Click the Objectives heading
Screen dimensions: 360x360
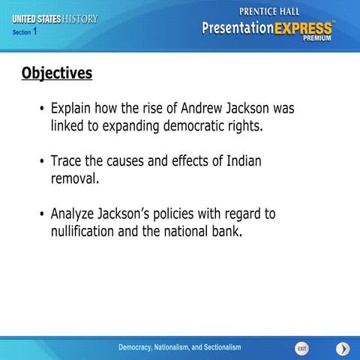click(57, 73)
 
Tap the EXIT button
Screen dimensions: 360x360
click(301, 349)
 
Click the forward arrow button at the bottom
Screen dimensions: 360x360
click(342, 349)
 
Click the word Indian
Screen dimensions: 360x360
click(242, 160)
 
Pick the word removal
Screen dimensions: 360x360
click(73, 178)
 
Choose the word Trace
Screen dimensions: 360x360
click(67, 160)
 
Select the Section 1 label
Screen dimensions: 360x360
click(25, 32)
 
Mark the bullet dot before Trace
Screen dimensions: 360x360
click(42, 161)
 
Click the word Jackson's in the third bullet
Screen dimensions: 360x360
click(148, 214)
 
